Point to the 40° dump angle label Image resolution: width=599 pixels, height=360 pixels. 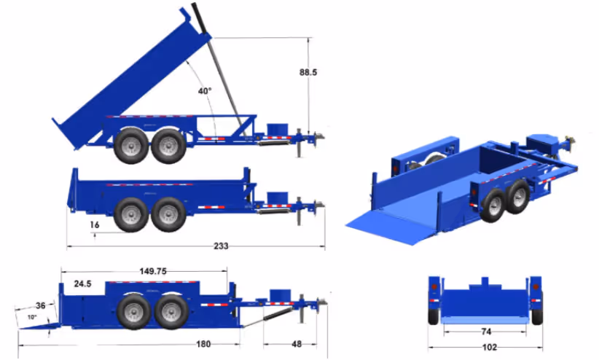pyautogui.click(x=205, y=91)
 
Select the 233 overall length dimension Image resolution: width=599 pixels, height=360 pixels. pyautogui.click(x=220, y=246)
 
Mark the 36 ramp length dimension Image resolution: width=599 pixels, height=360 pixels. pyautogui.click(x=41, y=306)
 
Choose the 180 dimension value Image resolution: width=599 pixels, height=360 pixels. pyautogui.click(x=203, y=344)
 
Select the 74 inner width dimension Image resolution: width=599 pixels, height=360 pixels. pyautogui.click(x=486, y=332)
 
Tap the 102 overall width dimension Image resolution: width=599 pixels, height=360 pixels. pyautogui.click(x=486, y=348)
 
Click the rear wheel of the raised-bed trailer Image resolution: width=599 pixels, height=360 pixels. pyautogui.click(x=130, y=146)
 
